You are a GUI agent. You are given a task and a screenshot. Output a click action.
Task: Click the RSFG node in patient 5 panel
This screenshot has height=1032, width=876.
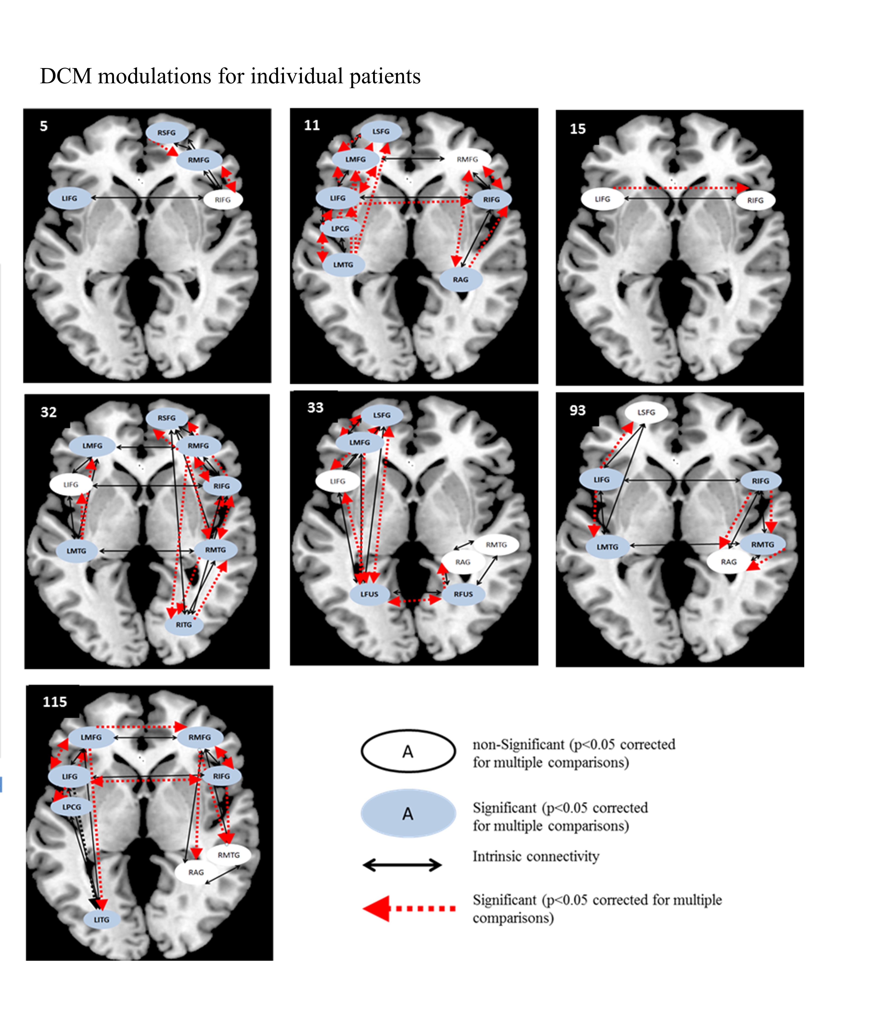click(x=167, y=133)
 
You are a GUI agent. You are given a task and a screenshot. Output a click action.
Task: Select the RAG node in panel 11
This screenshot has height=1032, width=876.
click(x=460, y=280)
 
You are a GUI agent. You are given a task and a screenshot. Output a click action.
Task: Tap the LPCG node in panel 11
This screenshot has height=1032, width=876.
click(x=340, y=228)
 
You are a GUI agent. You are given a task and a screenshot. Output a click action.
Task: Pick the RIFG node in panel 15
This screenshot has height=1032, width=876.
click(x=755, y=200)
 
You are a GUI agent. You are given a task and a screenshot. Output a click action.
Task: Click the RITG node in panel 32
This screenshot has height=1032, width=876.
click(x=184, y=624)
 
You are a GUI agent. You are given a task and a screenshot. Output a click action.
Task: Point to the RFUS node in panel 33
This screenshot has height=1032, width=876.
click(x=463, y=594)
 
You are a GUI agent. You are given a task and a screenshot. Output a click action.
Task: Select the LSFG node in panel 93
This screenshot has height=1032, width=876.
click(x=646, y=412)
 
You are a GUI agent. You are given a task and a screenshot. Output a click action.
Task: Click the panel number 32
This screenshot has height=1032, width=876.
click(x=49, y=412)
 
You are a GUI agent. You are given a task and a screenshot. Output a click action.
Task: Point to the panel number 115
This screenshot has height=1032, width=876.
click(x=55, y=701)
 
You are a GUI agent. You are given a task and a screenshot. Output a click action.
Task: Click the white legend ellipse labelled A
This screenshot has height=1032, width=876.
click(x=408, y=751)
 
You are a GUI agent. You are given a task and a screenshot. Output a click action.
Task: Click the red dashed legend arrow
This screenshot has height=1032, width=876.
click(x=410, y=908)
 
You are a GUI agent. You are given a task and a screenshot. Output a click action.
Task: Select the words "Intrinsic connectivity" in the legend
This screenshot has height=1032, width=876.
click(x=536, y=856)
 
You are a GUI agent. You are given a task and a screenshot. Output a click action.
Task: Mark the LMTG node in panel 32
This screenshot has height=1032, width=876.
click(x=77, y=551)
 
